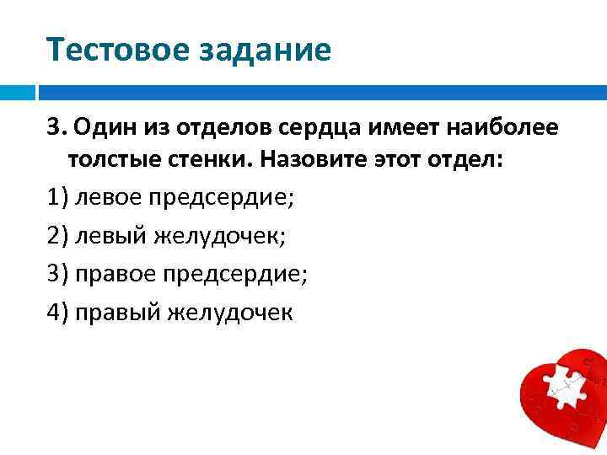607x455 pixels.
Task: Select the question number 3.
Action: click(x=56, y=128)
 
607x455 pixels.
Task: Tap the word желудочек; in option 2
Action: click(x=219, y=236)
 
